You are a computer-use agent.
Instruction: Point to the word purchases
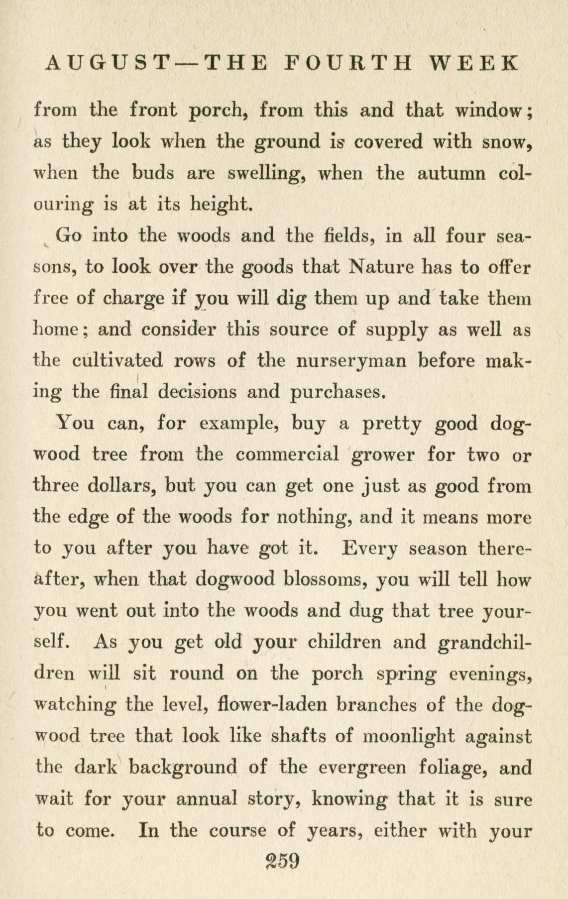[x=338, y=393]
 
